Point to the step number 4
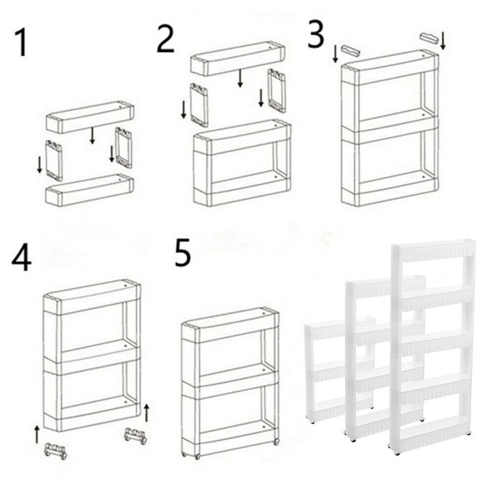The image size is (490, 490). click(x=22, y=258)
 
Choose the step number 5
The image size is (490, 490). click(x=183, y=252)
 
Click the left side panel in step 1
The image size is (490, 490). click(x=54, y=161)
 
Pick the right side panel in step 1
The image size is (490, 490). click(x=124, y=147)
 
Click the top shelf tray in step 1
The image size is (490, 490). click(x=90, y=117)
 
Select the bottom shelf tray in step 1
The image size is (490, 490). click(x=90, y=190)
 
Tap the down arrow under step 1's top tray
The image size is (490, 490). click(x=92, y=135)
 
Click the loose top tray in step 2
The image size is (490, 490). click(x=237, y=58)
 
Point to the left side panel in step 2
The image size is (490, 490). click(x=199, y=105)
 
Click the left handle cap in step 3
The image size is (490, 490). click(x=350, y=50)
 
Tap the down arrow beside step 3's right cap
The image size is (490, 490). click(x=443, y=41)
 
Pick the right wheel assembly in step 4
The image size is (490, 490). click(x=136, y=436)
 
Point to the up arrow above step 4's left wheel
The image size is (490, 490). click(x=37, y=434)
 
